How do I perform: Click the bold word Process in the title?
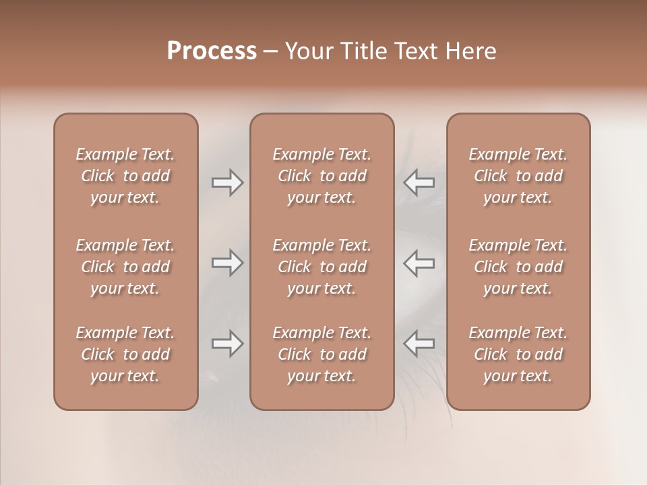coord(212,51)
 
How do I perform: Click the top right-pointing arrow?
coord(227,183)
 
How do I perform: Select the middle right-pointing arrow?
coord(227,263)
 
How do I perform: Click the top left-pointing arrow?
coord(419,183)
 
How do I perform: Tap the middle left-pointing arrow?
coord(419,263)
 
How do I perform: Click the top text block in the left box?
coord(125,176)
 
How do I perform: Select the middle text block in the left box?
coord(125,267)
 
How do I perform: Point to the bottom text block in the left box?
coord(125,354)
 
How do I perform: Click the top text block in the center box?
coord(322,176)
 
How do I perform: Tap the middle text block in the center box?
coord(322,267)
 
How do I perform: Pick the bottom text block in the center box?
coord(322,354)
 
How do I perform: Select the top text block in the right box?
coord(518,176)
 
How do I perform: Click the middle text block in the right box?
coord(518,267)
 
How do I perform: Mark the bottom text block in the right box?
coord(518,354)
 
